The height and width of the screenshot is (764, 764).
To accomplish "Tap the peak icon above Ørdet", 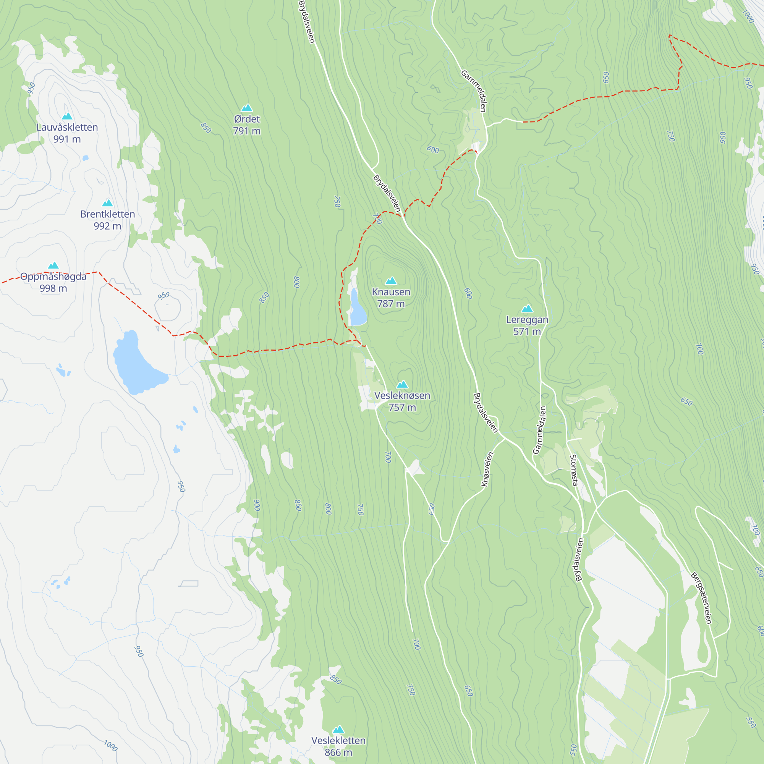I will click(x=247, y=108).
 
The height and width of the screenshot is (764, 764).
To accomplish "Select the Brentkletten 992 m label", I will click(x=108, y=220).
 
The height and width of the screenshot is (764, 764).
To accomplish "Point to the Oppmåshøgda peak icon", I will click(x=53, y=265).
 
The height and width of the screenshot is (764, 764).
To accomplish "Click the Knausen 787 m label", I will click(x=391, y=298).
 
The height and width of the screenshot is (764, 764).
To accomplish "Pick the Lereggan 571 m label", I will click(x=527, y=325).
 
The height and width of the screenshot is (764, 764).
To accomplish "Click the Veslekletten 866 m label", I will click(x=338, y=746).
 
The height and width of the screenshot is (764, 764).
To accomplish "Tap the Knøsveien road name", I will click(x=487, y=469).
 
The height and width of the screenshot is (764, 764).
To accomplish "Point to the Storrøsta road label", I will click(x=574, y=470).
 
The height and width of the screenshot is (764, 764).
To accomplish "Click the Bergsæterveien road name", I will click(x=701, y=598).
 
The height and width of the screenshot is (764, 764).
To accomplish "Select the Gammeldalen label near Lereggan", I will click(x=539, y=430).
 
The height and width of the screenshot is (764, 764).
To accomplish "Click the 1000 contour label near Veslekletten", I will click(x=111, y=746).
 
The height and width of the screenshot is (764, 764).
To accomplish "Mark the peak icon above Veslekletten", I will click(x=338, y=729).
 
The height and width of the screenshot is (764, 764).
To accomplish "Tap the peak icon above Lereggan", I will click(x=527, y=308).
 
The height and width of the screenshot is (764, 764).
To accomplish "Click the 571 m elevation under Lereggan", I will click(x=527, y=331).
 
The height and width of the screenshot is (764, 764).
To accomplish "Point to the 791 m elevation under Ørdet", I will click(x=247, y=131).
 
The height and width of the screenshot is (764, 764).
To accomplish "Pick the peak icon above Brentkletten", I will click(x=108, y=203).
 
